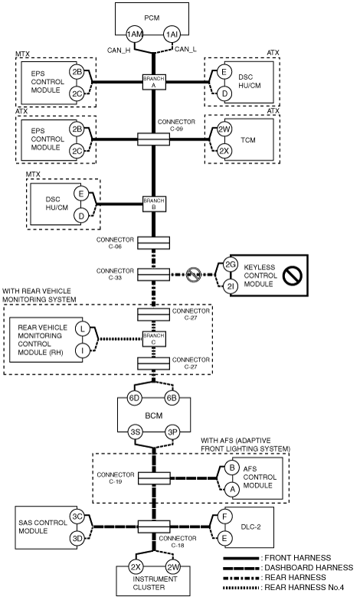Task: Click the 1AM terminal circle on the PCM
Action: (x=135, y=34)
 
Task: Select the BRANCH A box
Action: (x=154, y=81)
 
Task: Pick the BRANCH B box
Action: (x=154, y=204)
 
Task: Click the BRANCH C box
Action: (x=154, y=339)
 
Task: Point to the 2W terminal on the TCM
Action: (x=224, y=129)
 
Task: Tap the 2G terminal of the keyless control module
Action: (x=230, y=264)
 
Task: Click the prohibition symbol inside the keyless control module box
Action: (x=293, y=275)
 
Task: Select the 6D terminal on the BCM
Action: (x=135, y=398)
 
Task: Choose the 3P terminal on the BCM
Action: (x=172, y=432)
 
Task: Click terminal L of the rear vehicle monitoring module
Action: (x=82, y=329)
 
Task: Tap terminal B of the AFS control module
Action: (x=232, y=468)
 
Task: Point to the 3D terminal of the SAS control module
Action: (x=77, y=538)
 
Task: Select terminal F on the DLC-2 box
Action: (x=224, y=517)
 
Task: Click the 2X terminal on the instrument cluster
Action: (x=136, y=567)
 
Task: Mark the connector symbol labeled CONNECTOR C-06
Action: (x=153, y=243)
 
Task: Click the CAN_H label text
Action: (x=119, y=50)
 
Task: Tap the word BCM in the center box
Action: (x=154, y=416)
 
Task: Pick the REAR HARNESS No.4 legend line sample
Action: (x=242, y=588)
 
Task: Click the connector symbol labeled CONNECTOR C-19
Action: (x=154, y=478)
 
